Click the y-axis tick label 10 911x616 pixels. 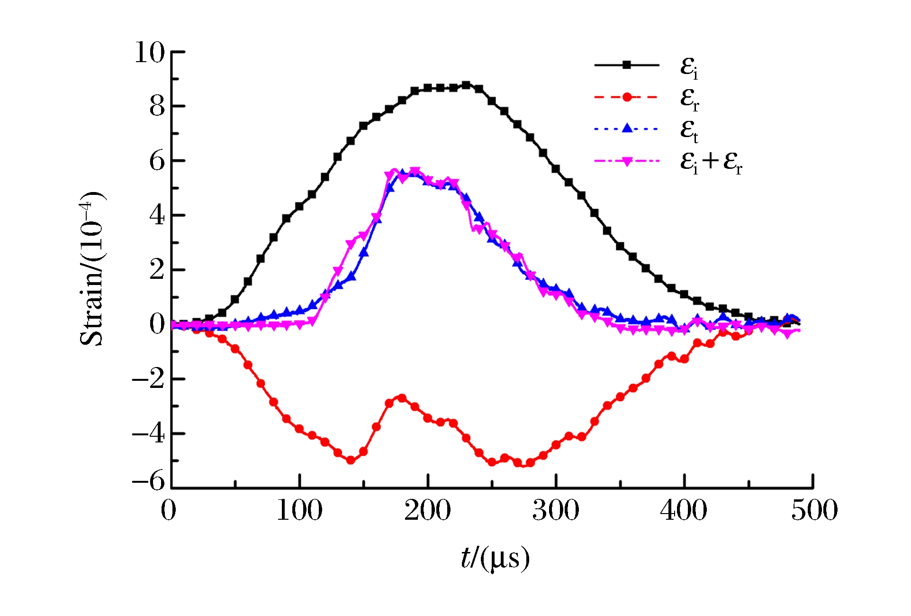[x=150, y=52]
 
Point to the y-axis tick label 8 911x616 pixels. [x=157, y=107]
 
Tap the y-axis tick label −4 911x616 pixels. [x=149, y=434]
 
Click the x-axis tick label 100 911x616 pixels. [x=299, y=511]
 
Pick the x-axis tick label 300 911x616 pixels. [x=556, y=511]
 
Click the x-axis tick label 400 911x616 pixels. [x=684, y=511]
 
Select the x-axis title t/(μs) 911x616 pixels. [x=495, y=558]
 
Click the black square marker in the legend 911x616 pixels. [x=627, y=65]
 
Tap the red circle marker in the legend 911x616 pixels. [x=627, y=97]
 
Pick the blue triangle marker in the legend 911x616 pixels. [x=627, y=128]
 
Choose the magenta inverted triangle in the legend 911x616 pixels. [x=627, y=162]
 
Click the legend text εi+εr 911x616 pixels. [x=711, y=162]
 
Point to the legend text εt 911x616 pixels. [x=689, y=129]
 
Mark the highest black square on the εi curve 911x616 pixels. [x=466, y=85]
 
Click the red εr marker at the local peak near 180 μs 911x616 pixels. [x=402, y=398]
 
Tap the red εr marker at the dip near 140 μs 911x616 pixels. [x=351, y=460]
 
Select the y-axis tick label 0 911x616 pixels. [x=157, y=324]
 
